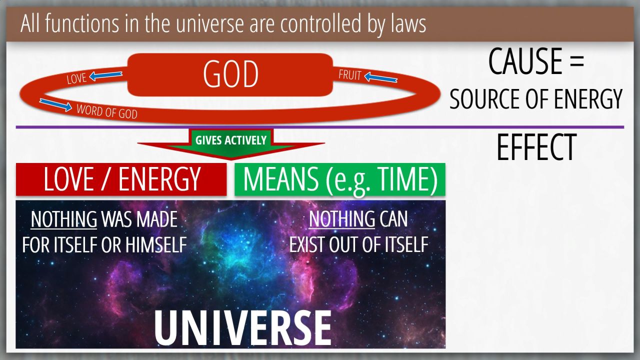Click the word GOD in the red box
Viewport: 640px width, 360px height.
click(x=230, y=74)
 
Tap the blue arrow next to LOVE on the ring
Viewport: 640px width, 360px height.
click(x=105, y=75)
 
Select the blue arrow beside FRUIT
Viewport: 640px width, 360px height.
click(x=381, y=77)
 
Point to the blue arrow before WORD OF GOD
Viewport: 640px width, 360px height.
click(x=55, y=104)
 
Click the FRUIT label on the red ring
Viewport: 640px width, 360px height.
click(x=349, y=75)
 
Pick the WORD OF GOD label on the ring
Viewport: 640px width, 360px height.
click(x=107, y=111)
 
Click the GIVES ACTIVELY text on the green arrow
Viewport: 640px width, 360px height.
click(x=231, y=140)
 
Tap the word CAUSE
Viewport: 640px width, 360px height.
click(x=525, y=61)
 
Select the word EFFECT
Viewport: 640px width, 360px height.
click(x=536, y=147)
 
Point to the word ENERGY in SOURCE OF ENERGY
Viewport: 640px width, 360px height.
click(x=588, y=99)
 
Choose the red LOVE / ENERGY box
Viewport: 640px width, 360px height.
click(x=121, y=179)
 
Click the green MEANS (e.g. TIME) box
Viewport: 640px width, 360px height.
click(x=340, y=179)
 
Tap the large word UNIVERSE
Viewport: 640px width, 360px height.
click(x=243, y=328)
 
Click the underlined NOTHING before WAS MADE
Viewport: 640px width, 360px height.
click(x=63, y=219)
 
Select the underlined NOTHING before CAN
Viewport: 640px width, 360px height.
click(x=341, y=219)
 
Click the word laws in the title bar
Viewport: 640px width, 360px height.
click(x=408, y=24)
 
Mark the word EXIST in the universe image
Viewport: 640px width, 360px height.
click(x=307, y=244)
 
